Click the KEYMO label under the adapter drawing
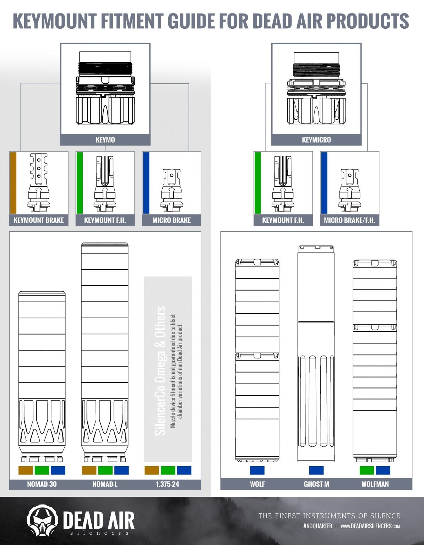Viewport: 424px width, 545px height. pos(105,140)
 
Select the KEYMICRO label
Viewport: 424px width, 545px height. pos(316,140)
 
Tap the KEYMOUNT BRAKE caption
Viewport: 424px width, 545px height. pos(39,220)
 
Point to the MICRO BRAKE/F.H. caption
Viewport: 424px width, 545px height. pos(349,220)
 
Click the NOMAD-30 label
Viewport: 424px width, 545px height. pos(42,484)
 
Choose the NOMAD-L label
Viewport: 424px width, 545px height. pos(105,484)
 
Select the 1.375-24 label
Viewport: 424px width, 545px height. pos(168,484)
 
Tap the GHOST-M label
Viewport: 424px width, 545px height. pos(316,484)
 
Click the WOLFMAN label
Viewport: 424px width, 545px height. pos(375,484)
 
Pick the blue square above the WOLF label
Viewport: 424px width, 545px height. pos(257,470)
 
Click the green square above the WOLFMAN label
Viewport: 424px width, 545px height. pos(367,470)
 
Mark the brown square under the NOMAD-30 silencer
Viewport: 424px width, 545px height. pos(26,470)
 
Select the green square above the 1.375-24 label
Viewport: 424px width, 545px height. pos(168,470)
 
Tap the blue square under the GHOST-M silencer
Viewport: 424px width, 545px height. pos(316,470)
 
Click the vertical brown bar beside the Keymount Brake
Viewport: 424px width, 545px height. pos(13,183)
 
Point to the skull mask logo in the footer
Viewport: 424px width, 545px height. pos(42,520)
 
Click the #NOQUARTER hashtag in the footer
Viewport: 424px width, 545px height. pos(317,526)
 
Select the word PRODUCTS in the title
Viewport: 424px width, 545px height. pos(368,21)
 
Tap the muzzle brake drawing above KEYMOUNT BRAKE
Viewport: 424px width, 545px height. pos(38,183)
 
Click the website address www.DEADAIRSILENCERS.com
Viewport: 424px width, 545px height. pos(370,526)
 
